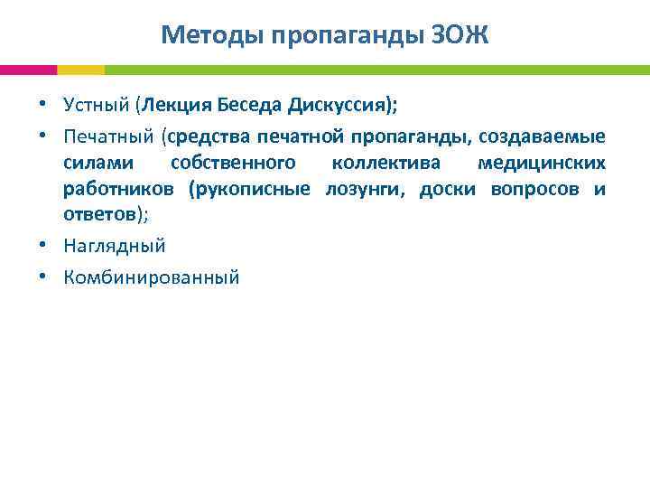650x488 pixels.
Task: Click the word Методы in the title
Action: (203, 35)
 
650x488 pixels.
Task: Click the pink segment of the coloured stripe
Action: (28, 70)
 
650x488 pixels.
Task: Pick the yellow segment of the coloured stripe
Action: (80, 70)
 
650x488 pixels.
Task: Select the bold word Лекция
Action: (178, 105)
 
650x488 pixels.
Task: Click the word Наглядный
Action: (115, 246)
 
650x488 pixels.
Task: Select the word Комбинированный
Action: (152, 277)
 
